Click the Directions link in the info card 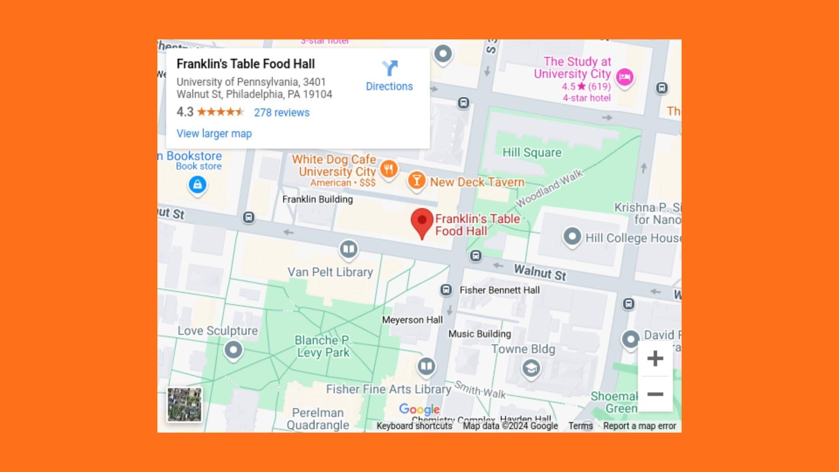coord(389,76)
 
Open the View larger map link coord(214,134)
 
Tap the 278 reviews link coord(281,113)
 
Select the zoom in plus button coord(655,359)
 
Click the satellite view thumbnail coord(184,405)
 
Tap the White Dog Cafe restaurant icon coord(388,169)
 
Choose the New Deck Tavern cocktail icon coord(416,180)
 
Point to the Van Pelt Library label coord(330,272)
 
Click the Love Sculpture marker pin coord(233,350)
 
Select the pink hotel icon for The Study coord(624,77)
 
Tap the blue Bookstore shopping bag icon coord(198,184)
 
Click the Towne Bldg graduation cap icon coord(531,368)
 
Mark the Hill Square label coord(531,153)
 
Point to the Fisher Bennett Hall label coord(499,290)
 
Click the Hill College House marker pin coord(572,236)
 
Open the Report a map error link coord(639,426)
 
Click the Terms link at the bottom coord(580,426)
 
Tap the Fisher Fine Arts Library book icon coord(426,366)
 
